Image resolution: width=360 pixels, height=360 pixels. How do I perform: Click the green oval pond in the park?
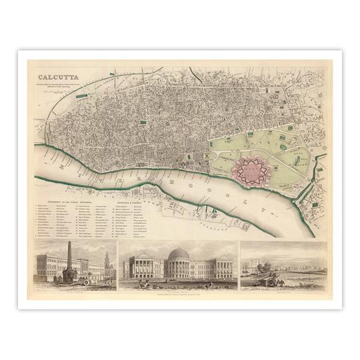283,147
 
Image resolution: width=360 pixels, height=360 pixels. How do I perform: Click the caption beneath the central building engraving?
179,289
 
